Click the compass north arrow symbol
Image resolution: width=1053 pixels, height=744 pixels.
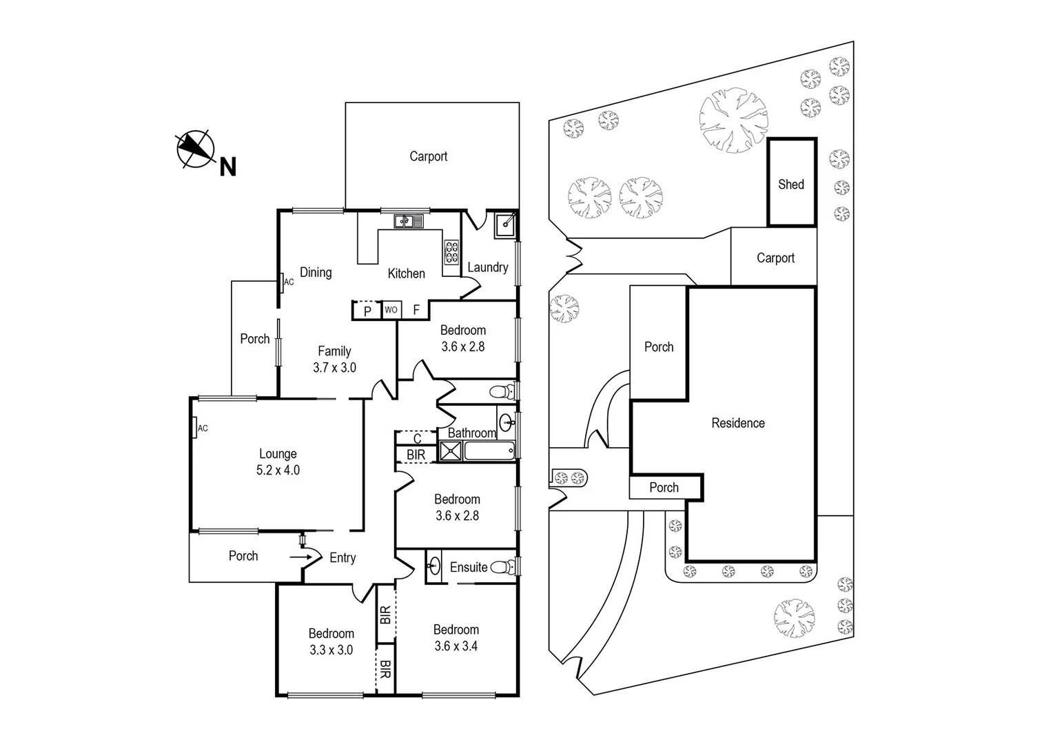pos(195,148)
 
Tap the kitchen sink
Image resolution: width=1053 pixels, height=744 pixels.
pos(409,221)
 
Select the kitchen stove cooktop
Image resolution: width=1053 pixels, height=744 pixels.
pos(451,252)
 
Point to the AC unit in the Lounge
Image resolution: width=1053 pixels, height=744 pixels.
pos(196,428)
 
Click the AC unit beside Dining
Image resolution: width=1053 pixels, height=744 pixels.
pos(283,281)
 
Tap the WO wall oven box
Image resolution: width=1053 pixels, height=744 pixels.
pos(391,310)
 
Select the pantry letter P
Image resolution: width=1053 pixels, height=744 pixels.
pos(367,311)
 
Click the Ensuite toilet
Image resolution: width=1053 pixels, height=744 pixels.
pos(504,567)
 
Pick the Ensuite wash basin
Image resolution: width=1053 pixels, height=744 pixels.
pos(433,566)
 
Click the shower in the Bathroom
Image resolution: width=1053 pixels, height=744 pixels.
pos(451,452)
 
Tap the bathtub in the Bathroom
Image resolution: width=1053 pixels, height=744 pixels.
pos(489,452)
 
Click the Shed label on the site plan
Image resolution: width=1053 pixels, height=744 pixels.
pos(791,184)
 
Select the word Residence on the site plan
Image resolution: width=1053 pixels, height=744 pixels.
pos(738,423)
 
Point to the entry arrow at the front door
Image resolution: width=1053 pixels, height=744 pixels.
pos(300,557)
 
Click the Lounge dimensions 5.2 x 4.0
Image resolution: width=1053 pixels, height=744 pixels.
pos(278,471)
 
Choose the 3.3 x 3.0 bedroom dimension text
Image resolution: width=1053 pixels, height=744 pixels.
pos(331,650)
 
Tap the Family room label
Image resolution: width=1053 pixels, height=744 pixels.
pos(334,351)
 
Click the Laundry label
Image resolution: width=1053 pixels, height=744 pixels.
pos(488,267)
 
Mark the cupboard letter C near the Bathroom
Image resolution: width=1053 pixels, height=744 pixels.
pos(417,438)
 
